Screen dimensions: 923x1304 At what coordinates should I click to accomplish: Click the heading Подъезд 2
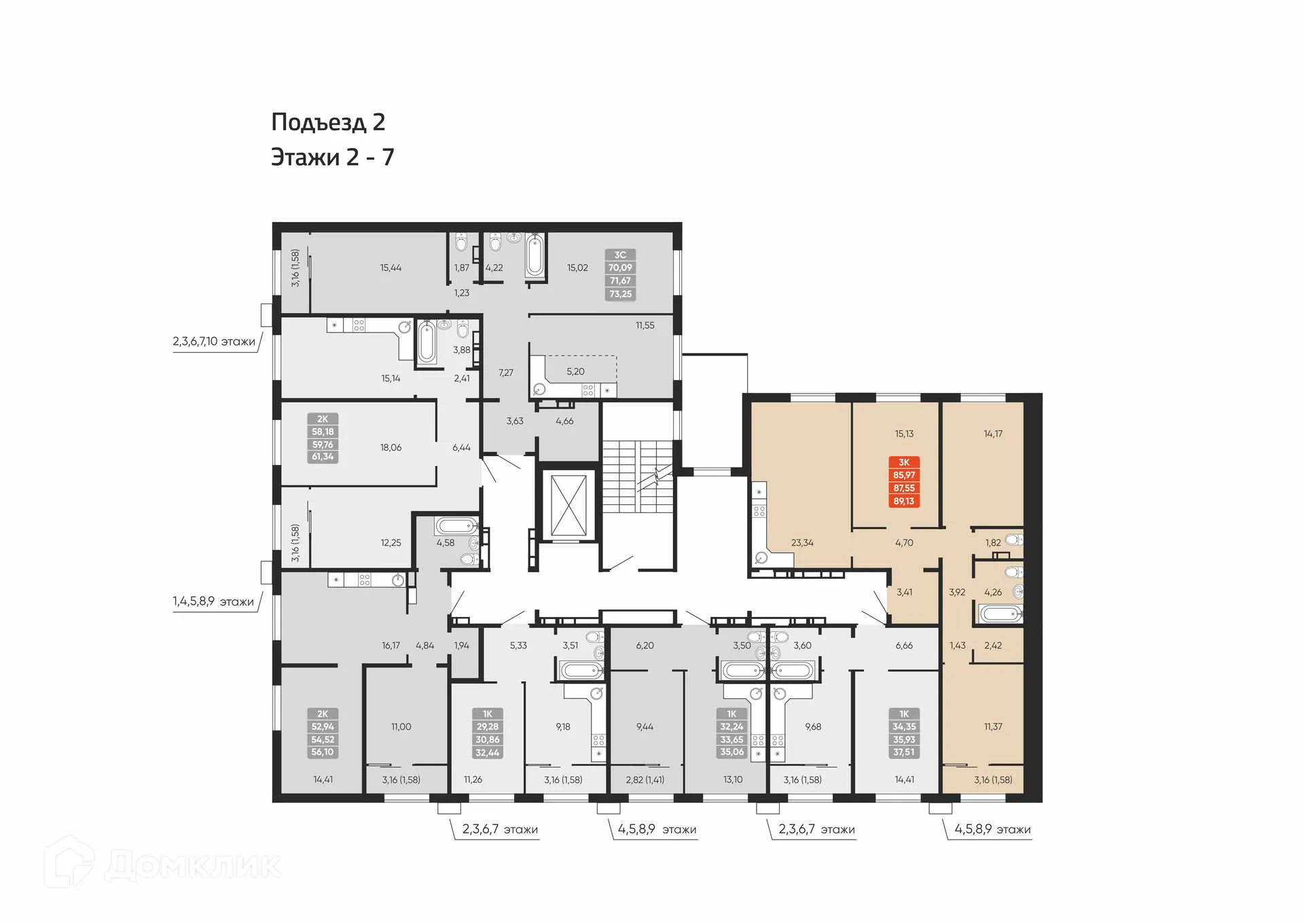pyautogui.click(x=328, y=122)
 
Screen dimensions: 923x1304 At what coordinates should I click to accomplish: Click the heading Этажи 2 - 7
pyautogui.click(x=332, y=157)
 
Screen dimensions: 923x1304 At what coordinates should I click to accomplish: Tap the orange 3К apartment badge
pyautogui.click(x=904, y=482)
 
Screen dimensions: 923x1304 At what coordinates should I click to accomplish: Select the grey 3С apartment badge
pyautogui.click(x=620, y=274)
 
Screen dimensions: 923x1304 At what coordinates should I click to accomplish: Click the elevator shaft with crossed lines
pyautogui.click(x=568, y=505)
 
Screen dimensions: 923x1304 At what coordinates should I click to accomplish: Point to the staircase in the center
pyautogui.click(x=637, y=476)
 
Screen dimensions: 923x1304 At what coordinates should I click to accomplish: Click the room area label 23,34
pyautogui.click(x=802, y=543)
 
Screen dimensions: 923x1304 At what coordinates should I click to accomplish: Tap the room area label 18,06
pyautogui.click(x=391, y=448)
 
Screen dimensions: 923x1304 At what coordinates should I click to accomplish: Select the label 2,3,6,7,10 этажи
pyautogui.click(x=214, y=341)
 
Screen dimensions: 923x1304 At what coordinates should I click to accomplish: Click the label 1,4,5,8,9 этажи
pyautogui.click(x=213, y=601)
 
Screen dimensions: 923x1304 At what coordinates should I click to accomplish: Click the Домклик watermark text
pyautogui.click(x=193, y=866)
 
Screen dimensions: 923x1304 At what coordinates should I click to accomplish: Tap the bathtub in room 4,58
pyautogui.click(x=456, y=526)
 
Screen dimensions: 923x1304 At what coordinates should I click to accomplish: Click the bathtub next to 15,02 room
pyautogui.click(x=535, y=256)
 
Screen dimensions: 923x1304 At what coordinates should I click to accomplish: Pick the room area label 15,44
pyautogui.click(x=391, y=268)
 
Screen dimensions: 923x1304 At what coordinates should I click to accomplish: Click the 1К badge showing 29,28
pyautogui.click(x=488, y=733)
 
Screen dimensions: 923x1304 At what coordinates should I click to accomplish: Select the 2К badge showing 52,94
pyautogui.click(x=323, y=733)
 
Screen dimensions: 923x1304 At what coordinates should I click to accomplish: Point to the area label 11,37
pyautogui.click(x=993, y=727)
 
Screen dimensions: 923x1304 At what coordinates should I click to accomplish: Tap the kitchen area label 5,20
pyautogui.click(x=575, y=372)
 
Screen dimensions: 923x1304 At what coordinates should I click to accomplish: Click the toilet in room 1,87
pyautogui.click(x=462, y=243)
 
